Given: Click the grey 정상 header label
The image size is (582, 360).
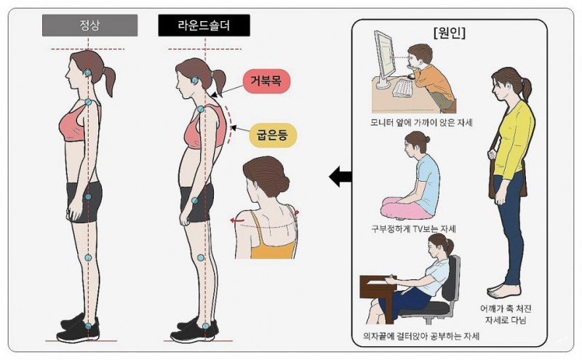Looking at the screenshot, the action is [89, 25].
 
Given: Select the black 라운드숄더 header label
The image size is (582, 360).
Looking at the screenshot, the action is [204, 25].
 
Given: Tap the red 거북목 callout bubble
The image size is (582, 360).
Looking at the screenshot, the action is [266, 81].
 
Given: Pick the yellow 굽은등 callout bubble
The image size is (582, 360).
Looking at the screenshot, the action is [273, 135].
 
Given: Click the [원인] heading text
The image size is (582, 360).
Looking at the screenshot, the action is [449, 33].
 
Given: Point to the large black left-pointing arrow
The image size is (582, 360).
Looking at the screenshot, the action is [340, 176].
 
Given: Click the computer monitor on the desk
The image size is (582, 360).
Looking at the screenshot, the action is [384, 60].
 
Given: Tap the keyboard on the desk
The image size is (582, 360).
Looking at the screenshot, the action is [402, 88].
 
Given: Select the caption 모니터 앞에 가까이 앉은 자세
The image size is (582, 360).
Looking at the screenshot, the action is [421, 122].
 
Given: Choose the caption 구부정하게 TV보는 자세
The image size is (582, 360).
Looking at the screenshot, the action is [413, 228].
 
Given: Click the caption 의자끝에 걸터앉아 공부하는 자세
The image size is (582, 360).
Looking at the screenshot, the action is [421, 336].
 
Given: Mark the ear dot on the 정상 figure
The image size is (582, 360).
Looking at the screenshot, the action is [87, 73].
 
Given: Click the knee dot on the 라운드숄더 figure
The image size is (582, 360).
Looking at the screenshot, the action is [201, 257].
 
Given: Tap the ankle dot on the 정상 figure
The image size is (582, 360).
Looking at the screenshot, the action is [88, 327].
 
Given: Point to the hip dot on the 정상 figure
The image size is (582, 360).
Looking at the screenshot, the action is [88, 196].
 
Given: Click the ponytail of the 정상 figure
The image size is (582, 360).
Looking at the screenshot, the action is [108, 81].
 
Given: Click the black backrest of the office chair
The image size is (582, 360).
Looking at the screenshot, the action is [450, 279].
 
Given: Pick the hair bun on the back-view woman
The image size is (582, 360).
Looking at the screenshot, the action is [281, 183].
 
